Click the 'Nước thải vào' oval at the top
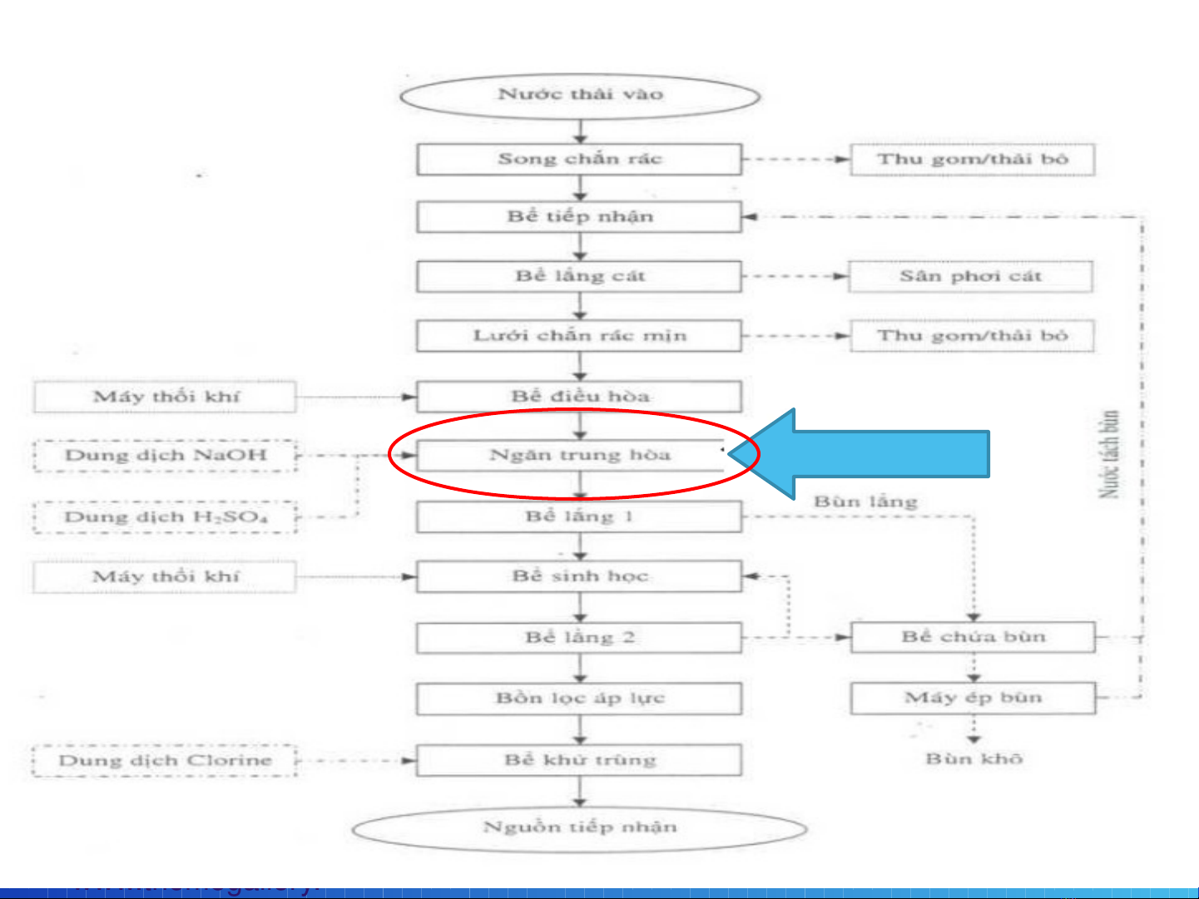pos(580,95)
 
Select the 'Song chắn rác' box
pos(579,159)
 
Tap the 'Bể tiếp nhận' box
pos(579,217)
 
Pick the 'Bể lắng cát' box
pos(579,276)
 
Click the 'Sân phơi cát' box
pos(970,276)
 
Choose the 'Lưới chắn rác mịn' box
pos(579,336)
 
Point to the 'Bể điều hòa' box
pos(579,397)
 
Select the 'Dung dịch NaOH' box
pos(166,456)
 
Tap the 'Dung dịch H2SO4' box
pos(166,517)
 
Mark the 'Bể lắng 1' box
pos(579,516)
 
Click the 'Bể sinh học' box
pos(579,576)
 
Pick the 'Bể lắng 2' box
pos(579,638)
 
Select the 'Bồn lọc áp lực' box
pos(579,699)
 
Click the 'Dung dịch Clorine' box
pos(165,761)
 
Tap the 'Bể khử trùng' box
pos(579,760)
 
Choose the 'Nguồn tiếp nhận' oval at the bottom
pos(580,828)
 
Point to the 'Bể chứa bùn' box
pos(973,637)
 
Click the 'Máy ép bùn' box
pos(973,698)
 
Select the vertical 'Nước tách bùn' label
pos(1109,454)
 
